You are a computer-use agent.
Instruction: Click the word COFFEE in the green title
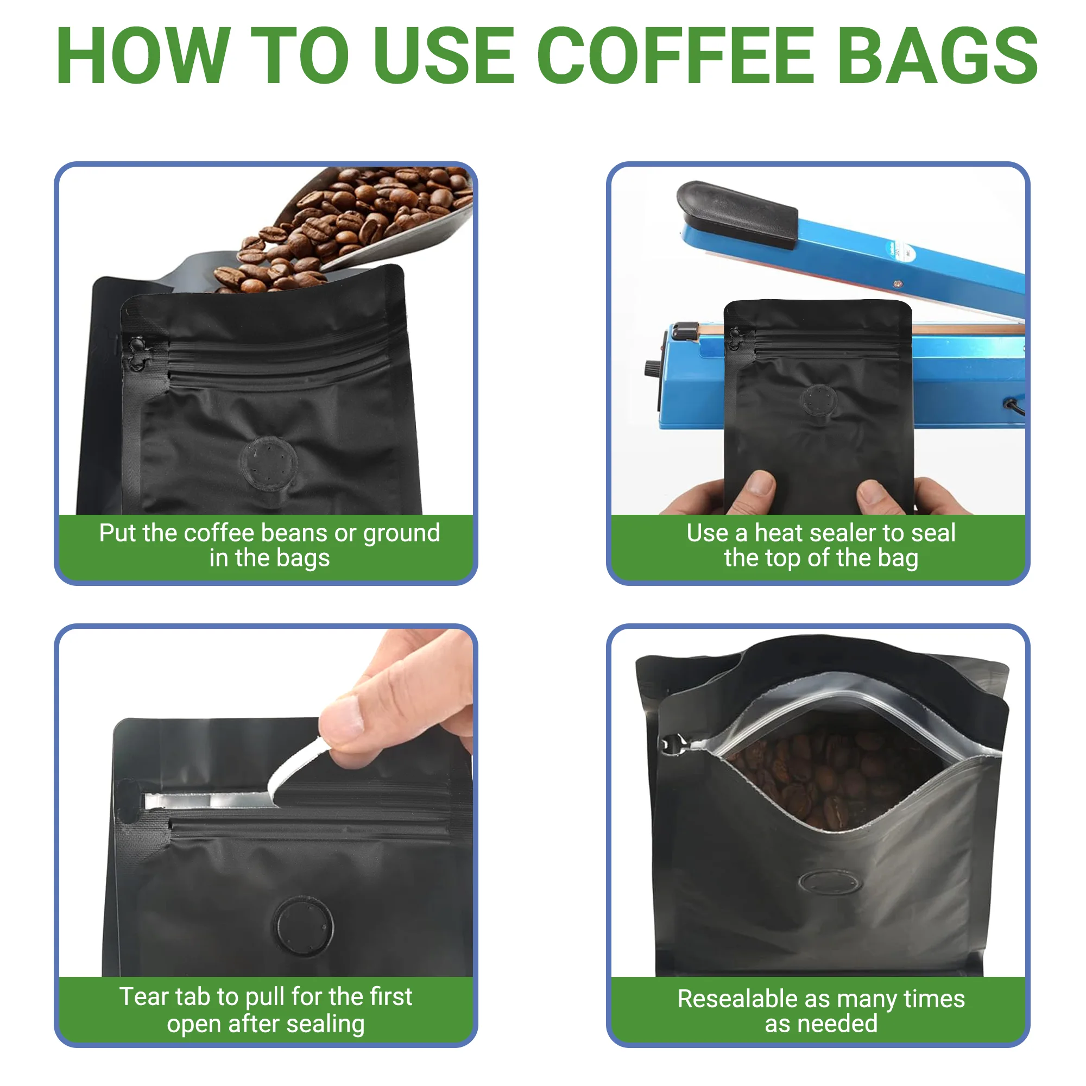[675, 56]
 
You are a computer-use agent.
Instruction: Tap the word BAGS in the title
[938, 56]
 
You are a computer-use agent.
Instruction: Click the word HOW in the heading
[143, 56]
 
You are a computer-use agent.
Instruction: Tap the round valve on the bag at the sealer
[820, 401]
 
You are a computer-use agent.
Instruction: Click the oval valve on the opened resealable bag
[830, 882]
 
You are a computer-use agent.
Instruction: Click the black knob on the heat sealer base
[652, 369]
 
